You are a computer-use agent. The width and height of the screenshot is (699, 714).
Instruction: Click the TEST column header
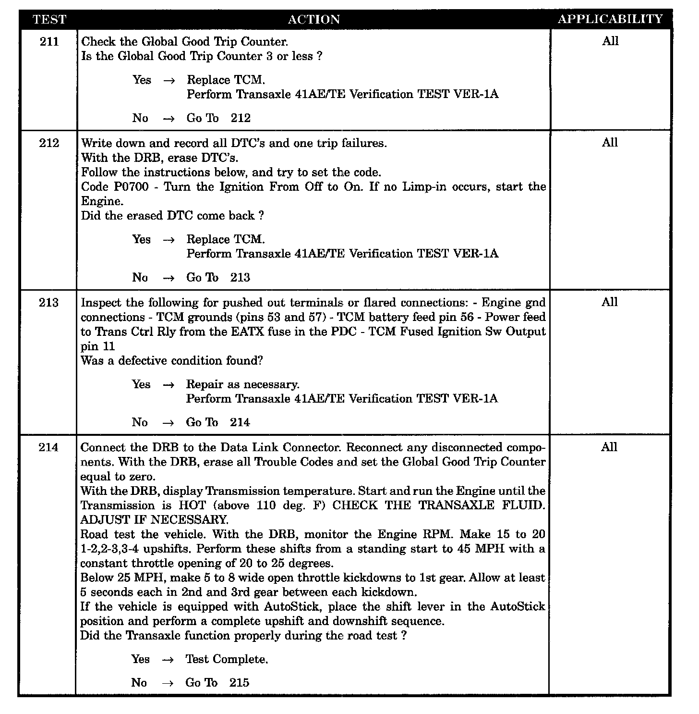coord(49,20)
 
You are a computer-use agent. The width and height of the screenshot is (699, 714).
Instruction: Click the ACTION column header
coord(313,20)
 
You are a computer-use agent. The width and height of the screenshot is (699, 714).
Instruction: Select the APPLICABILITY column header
coord(610,19)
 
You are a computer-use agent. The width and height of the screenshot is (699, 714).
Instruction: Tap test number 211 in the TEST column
coord(49,42)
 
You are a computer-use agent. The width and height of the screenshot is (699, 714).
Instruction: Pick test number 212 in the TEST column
coord(49,143)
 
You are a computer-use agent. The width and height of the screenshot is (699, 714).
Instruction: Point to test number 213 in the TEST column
coord(49,303)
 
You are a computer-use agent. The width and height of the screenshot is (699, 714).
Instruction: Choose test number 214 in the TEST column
coord(48,448)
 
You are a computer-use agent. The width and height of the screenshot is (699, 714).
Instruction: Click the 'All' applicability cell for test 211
coord(610,41)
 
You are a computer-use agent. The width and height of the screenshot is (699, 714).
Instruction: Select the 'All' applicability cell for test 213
coord(610,302)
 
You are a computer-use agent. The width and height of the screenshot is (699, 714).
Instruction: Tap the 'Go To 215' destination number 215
coord(239,683)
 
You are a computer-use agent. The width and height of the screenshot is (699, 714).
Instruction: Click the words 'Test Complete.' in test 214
coord(227,659)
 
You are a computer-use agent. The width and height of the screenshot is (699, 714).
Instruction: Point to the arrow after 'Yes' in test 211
coord(169,81)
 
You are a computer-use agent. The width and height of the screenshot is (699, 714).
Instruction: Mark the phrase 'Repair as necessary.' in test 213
coord(242,384)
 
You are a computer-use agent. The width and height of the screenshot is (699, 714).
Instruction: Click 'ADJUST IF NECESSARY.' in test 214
coord(154,520)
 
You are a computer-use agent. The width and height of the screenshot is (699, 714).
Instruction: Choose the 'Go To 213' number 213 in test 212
coord(240,278)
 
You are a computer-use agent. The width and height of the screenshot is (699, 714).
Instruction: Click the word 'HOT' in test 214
coord(192,505)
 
